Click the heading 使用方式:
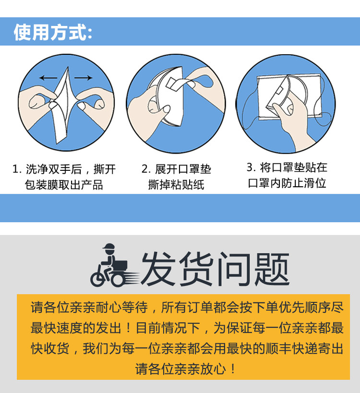(53, 32)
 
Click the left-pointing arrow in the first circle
(48, 78)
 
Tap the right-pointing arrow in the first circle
(84, 78)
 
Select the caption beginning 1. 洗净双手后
(64, 169)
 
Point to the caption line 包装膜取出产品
(64, 185)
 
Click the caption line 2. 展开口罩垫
(176, 169)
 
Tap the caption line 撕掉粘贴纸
(176, 185)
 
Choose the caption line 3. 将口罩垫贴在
(287, 167)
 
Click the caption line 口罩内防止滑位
(287, 183)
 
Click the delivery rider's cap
(108, 247)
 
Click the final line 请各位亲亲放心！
(185, 369)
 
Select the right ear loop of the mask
(324, 105)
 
